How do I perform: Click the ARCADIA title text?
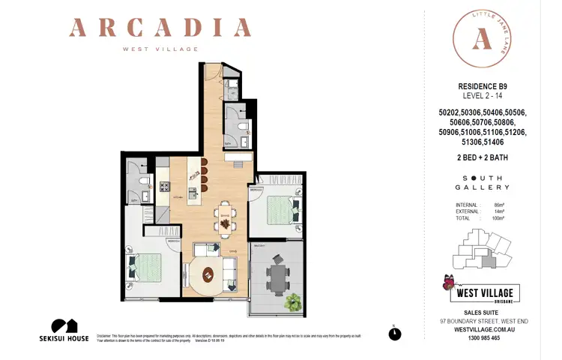click(160, 28)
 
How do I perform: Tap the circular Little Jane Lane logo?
click(480, 40)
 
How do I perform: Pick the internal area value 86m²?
click(499, 205)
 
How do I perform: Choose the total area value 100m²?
click(498, 218)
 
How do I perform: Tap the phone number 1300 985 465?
click(483, 338)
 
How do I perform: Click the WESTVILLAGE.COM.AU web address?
click(483, 329)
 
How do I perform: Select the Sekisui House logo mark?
click(64, 326)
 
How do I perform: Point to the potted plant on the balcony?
click(293, 302)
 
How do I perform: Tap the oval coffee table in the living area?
click(208, 273)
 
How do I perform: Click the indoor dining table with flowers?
click(225, 219)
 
